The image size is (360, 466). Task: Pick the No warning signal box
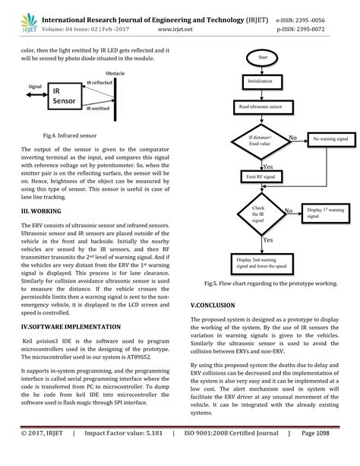pyautogui.click(x=327, y=140)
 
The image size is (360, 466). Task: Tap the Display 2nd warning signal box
pyautogui.click(x=257, y=264)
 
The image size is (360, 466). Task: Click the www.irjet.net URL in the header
pyautogui.click(x=180, y=24)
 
